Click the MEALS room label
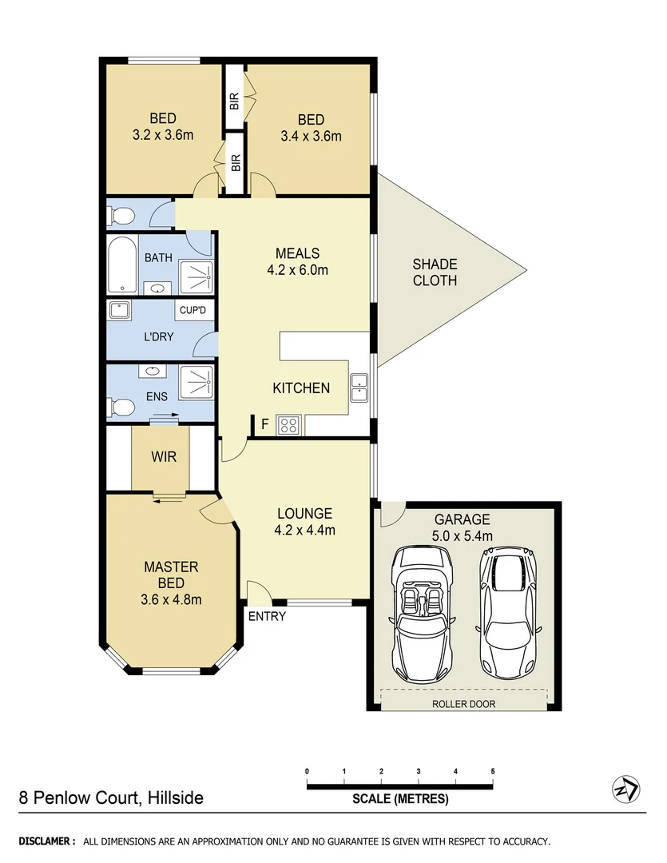pos(298,254)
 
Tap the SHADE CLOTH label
pos(435,272)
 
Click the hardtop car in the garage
pos(506,610)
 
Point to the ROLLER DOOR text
pos(463,704)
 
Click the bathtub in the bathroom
pos(122,264)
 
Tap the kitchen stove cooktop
pos(288,425)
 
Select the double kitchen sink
pos(359,389)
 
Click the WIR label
pos(163,457)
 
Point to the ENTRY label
pos(266,616)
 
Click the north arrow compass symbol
pos(625,789)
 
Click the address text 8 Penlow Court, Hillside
pos(111,797)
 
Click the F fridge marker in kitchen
pos(264,424)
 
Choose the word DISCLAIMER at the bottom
pos(47,841)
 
